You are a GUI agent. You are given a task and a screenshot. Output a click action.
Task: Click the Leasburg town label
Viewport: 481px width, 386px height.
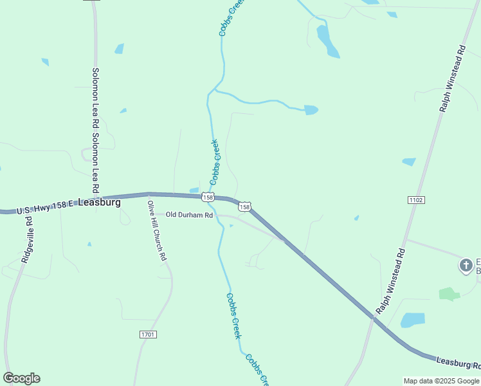100,201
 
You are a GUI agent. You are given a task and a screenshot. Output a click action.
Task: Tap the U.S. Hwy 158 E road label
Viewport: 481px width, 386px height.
46,207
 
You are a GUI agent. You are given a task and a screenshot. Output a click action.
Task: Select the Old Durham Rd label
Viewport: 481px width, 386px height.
189,215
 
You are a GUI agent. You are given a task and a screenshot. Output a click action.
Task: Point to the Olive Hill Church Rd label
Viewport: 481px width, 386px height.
157,230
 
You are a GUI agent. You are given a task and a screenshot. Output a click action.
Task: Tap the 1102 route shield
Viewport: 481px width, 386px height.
415,200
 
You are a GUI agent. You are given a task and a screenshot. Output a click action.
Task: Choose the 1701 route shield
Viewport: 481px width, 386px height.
147,335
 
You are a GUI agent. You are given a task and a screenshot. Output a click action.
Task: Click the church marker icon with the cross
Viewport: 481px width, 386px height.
466,264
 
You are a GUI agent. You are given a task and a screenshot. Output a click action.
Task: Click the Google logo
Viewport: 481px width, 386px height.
21,378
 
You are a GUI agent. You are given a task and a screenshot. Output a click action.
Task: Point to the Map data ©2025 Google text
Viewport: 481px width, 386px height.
441,381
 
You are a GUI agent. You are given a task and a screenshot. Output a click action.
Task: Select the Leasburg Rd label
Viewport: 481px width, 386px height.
457,363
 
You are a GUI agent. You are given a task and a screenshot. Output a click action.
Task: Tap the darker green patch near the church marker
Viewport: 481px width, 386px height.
449,294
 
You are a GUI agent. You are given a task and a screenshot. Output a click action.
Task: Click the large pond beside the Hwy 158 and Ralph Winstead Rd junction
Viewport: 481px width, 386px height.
413,320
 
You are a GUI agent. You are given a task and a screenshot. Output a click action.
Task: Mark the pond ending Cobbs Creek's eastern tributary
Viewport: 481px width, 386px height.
311,110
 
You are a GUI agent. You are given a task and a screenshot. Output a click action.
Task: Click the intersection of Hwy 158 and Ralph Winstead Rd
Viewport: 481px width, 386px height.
372,317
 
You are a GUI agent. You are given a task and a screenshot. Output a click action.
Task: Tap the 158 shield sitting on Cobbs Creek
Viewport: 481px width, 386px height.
207,196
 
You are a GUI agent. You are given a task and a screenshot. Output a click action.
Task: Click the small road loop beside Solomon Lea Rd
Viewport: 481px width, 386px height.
86,154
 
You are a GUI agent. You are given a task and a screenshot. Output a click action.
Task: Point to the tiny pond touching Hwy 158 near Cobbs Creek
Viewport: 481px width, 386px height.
194,190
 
